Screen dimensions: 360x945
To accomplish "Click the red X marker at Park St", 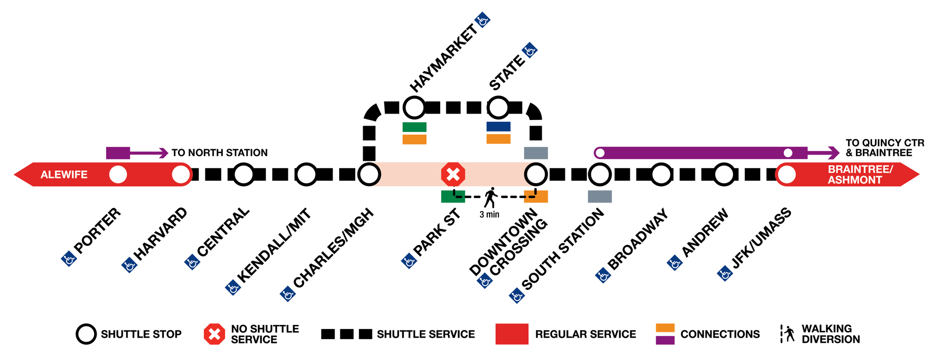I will point(453,174).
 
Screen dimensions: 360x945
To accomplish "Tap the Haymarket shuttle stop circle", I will point(414,108).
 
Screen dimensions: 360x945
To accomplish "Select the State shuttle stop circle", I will point(498,108).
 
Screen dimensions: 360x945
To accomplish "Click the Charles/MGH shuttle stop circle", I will point(369,174).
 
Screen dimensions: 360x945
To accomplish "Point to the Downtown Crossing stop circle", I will point(536,174).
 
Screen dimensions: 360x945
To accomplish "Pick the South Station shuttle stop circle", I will point(599,174).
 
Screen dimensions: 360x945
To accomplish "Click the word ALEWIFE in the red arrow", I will point(64,175).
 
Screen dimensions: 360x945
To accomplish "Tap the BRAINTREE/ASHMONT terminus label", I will point(860,175).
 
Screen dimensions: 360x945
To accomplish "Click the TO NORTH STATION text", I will point(219,153).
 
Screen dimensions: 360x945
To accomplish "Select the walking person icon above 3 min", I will point(490,198).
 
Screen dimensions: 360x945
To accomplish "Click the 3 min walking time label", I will point(489,215).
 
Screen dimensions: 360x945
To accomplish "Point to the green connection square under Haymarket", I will point(414,127).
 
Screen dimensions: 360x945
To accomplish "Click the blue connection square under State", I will point(498,126).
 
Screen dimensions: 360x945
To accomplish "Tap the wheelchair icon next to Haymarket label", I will point(483,20).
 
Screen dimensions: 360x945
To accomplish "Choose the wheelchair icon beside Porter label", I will point(69,259).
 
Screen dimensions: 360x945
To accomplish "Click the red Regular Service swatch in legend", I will point(512,334).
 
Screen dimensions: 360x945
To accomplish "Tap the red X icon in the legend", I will point(215,334).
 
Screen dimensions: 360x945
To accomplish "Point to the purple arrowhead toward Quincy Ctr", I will point(834,152).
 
